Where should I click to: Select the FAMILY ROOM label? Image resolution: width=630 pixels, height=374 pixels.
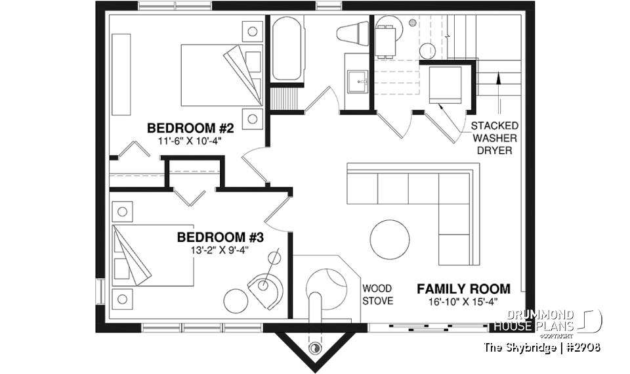(463, 289)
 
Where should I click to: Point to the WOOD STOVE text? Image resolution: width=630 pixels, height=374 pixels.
(378, 294)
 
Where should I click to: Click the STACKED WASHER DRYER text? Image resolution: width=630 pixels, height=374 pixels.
(494, 137)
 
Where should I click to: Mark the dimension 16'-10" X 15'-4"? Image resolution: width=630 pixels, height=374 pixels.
(463, 301)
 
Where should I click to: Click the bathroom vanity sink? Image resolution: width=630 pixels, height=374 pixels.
(358, 83)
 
